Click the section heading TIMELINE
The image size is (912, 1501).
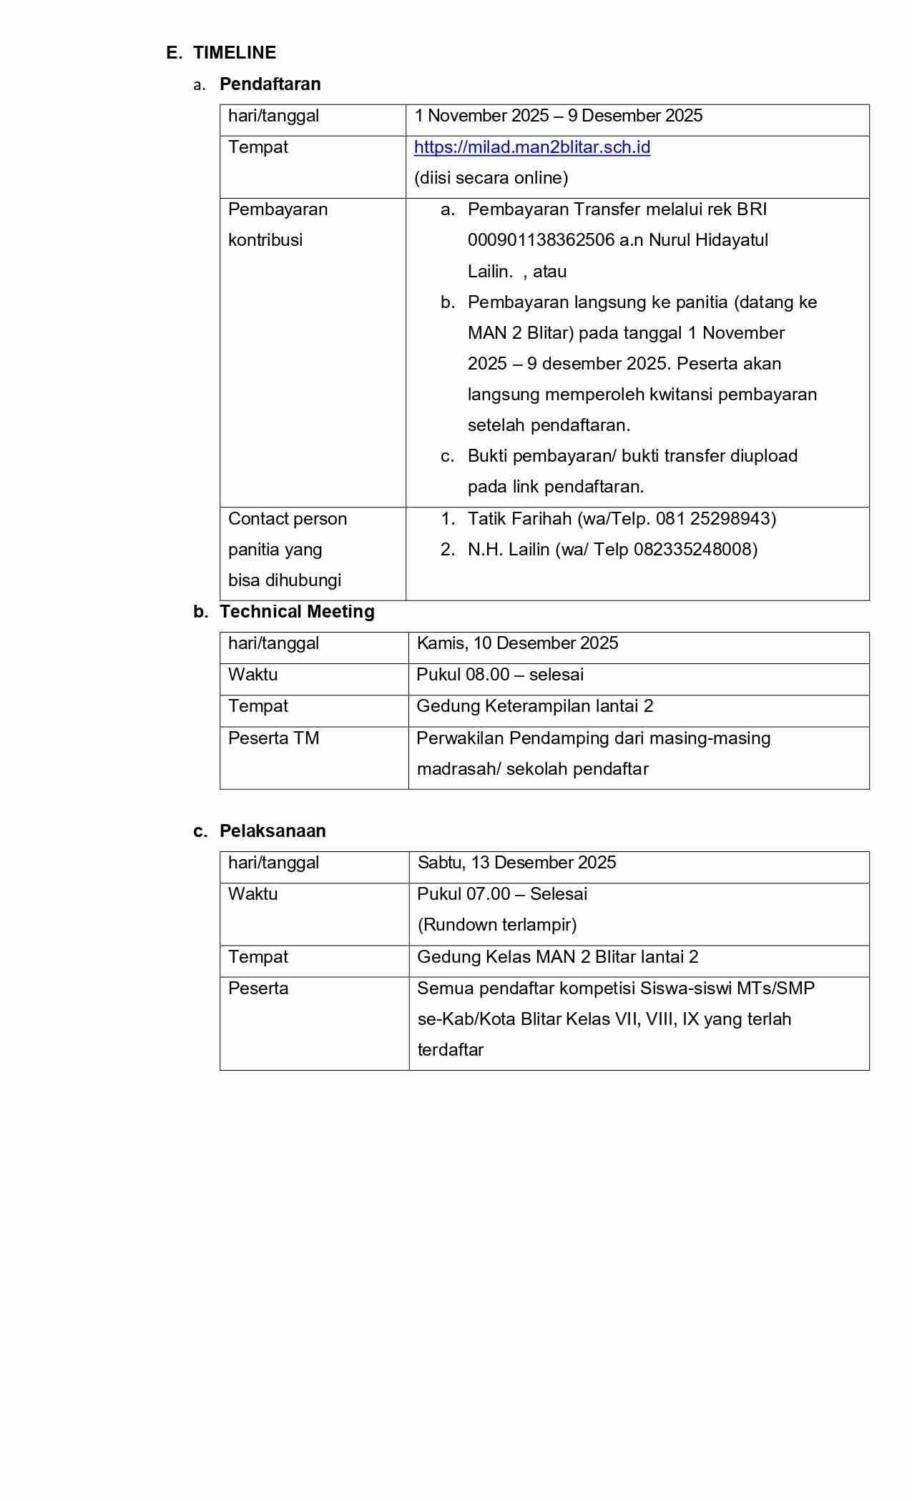pos(235,53)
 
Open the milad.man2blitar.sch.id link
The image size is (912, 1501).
pos(531,147)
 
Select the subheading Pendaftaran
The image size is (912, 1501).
pos(270,84)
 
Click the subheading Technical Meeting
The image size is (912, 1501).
pos(297,612)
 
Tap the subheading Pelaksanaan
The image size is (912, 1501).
pos(273,831)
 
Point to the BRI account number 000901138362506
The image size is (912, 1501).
pos(541,240)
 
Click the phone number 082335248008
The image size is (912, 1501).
pos(693,550)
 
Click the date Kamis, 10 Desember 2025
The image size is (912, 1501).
pos(517,643)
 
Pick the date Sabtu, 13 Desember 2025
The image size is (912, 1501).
pos(516,863)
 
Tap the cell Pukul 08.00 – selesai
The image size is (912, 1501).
pos(500,675)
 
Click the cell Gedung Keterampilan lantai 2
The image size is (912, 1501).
pos(534,706)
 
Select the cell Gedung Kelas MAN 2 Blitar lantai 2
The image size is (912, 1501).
pos(557,957)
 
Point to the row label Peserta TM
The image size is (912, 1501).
pos(273,738)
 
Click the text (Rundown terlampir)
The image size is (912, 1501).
pos(496,925)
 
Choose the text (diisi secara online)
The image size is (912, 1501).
pos(491,178)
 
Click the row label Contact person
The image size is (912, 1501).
pos(287,519)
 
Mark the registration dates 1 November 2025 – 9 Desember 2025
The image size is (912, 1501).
pos(558,116)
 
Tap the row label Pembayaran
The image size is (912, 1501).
pos(278,209)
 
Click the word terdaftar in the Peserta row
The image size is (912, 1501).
pos(450,1050)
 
